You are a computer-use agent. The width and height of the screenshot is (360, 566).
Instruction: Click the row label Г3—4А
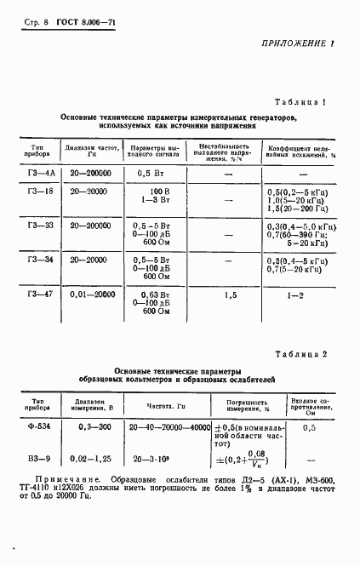tap(40, 173)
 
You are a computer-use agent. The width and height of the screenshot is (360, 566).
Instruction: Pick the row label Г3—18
tap(40, 192)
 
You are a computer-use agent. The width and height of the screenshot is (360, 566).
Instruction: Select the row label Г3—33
tap(40, 226)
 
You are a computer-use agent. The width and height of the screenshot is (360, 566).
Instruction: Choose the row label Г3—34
tap(40, 259)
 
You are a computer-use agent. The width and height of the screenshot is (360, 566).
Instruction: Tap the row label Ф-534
tap(39, 426)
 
